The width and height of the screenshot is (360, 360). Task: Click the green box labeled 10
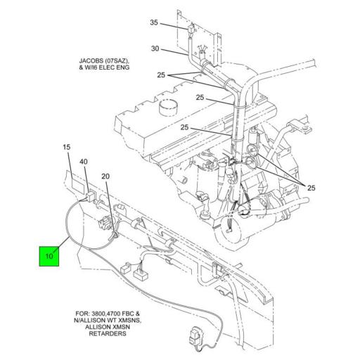tap(49, 255)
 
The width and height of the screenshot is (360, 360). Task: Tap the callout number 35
tap(155, 23)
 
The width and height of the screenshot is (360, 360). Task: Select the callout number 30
tap(155, 49)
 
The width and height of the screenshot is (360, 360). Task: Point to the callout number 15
tap(67, 147)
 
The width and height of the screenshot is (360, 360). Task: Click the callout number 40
tap(84, 162)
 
